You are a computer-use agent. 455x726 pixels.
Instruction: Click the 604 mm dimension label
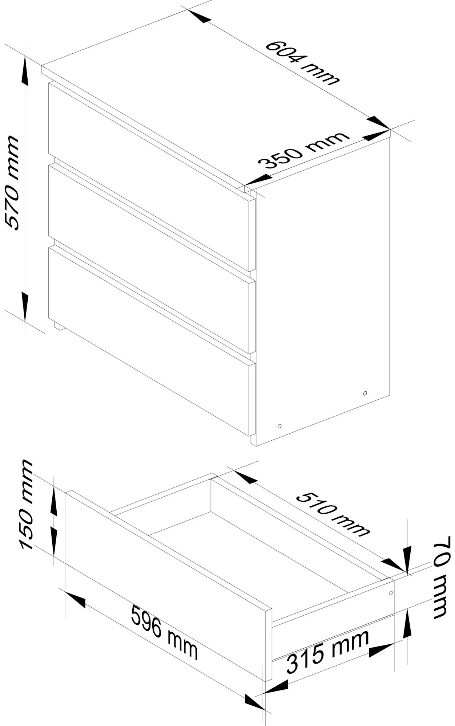[x=302, y=62]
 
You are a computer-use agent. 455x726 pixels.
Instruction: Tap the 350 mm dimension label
[x=304, y=150]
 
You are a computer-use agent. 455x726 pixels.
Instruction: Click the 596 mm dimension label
[x=164, y=632]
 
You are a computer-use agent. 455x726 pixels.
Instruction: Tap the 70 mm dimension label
[x=441, y=577]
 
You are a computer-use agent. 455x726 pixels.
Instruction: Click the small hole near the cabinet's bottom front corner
[x=279, y=425]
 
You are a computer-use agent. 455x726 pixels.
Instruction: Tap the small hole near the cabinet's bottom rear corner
[x=365, y=393]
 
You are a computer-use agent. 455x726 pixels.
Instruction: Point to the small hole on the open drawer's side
[x=391, y=593]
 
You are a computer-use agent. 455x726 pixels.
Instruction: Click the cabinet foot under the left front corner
[x=58, y=325]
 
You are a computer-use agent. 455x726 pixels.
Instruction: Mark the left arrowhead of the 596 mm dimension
[x=75, y=599]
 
